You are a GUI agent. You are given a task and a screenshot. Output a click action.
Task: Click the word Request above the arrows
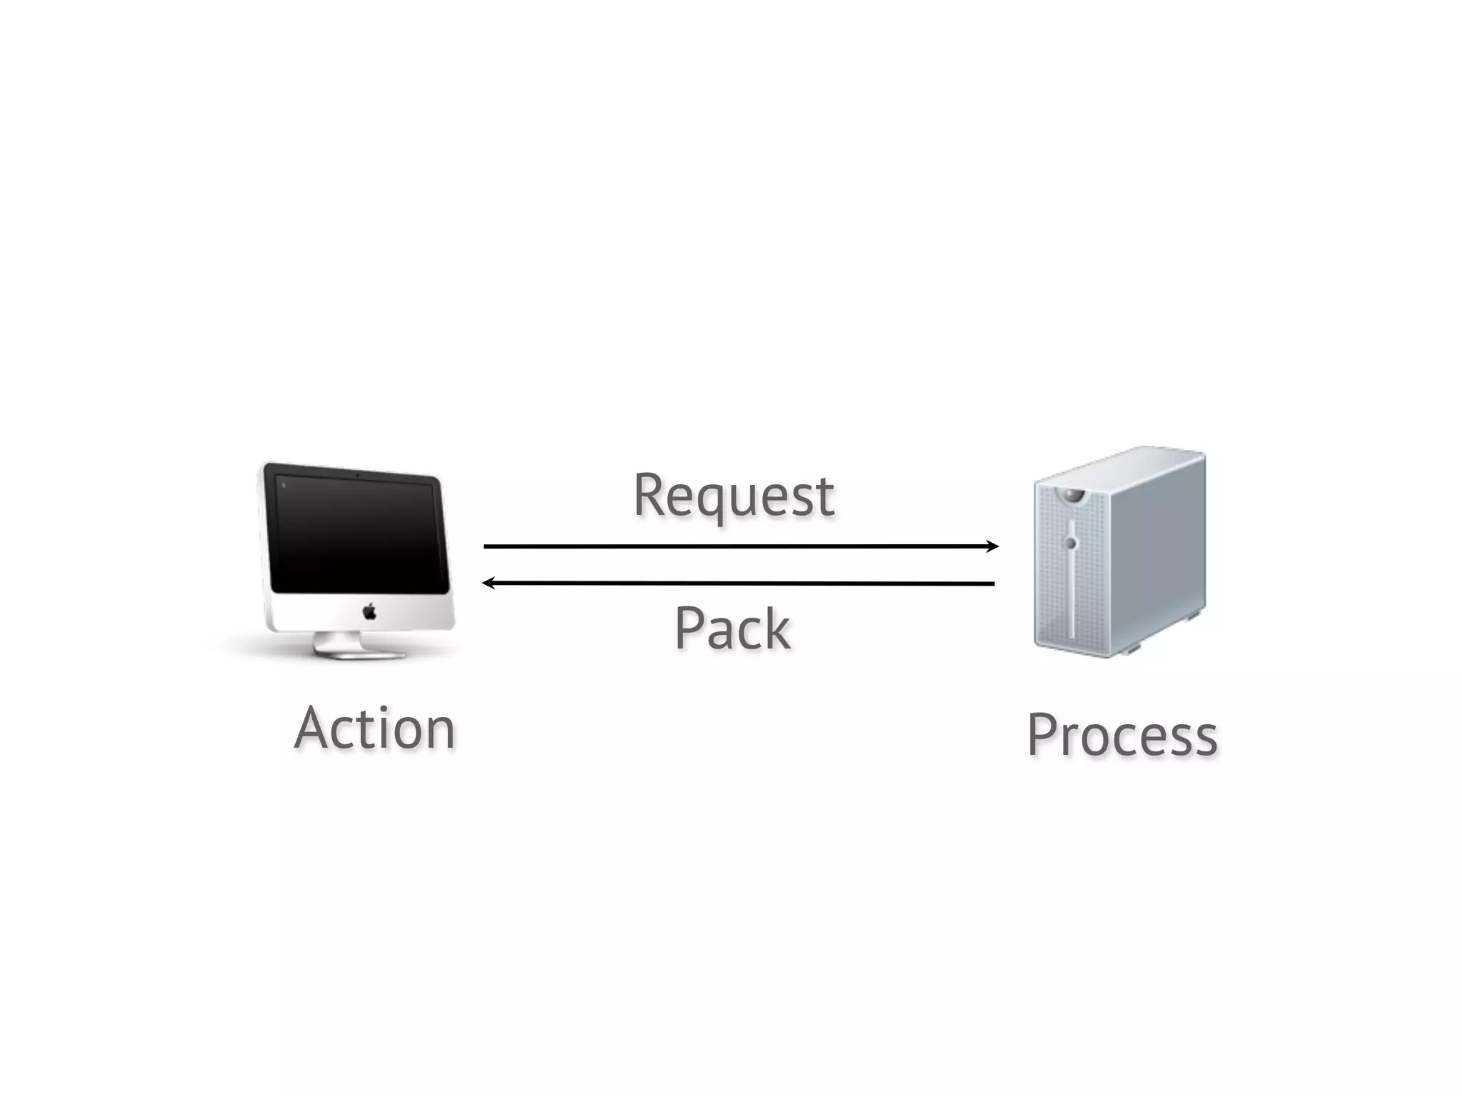pos(734,496)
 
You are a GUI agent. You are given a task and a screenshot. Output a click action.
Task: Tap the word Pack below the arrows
pos(732,628)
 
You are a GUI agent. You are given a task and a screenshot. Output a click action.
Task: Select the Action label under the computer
pos(375,728)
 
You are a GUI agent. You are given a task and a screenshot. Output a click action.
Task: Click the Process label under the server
pos(1122,736)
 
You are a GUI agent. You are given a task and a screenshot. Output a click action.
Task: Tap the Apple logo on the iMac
pos(369,611)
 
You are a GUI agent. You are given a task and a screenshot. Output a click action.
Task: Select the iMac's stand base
pos(357,651)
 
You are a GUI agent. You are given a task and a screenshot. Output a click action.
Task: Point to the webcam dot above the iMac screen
pos(356,475)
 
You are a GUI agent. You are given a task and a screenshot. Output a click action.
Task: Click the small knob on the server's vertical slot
pos(1070,544)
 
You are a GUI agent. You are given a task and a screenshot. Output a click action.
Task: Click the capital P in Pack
pos(689,628)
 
